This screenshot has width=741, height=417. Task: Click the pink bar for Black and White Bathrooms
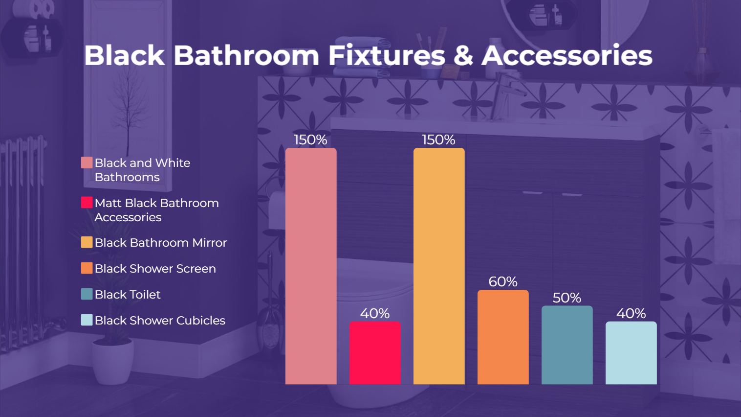coord(311,266)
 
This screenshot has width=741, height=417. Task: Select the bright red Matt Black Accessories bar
coord(375,353)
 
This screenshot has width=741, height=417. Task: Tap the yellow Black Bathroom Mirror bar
coord(439,266)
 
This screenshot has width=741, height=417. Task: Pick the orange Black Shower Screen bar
coord(503,337)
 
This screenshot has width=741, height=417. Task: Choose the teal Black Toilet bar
coord(567,345)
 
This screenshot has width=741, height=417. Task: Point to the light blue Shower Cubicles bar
coord(631,353)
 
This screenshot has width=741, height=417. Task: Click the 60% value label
coord(503,282)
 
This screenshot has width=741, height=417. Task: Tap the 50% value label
coord(567,298)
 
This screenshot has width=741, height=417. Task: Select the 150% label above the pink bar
coord(311,140)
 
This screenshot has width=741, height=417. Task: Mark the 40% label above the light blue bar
coord(631,313)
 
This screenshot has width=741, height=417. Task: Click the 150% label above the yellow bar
coord(438,140)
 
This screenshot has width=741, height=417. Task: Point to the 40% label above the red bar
coord(375,313)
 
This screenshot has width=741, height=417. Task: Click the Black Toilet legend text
coord(128,295)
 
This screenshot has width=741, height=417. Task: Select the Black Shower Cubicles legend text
coord(160,320)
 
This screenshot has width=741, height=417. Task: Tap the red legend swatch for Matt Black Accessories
coord(87,202)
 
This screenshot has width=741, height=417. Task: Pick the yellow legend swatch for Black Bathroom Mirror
coord(87,242)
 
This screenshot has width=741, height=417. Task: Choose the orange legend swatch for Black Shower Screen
coord(87,268)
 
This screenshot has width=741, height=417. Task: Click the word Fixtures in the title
coord(387,55)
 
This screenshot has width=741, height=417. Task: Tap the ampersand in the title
coord(463,55)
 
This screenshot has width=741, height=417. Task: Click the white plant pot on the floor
coord(113,361)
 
